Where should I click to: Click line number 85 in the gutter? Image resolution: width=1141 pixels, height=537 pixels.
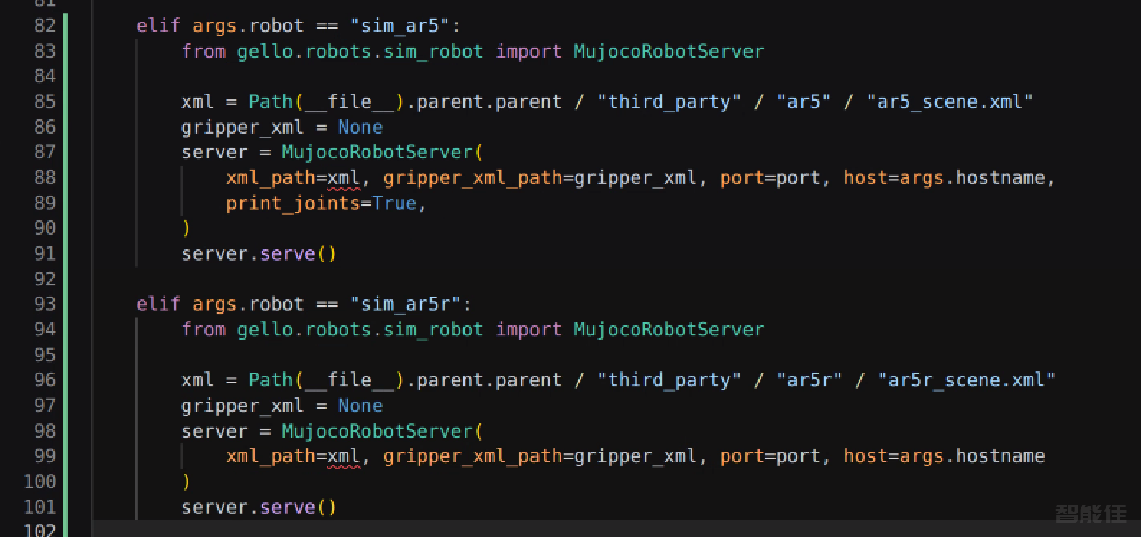coord(45,101)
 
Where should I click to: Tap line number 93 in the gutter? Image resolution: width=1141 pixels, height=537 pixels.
coord(45,304)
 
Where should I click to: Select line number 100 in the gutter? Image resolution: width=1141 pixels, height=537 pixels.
coord(40,481)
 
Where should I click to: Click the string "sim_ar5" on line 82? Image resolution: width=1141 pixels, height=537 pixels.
coord(400,25)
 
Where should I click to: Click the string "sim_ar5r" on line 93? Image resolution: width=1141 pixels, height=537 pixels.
coord(406,304)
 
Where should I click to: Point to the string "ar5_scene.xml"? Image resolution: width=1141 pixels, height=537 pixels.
coord(950,101)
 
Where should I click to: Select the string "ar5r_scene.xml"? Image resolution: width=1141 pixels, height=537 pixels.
coord(966,379)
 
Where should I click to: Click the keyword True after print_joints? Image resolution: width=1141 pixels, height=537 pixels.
coord(394,203)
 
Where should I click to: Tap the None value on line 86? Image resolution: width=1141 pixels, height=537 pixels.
coord(360,127)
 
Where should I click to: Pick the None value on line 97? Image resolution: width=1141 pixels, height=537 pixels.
coord(360,405)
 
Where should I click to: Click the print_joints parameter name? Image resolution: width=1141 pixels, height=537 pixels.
coord(293,203)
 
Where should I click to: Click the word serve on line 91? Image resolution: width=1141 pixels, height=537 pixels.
coord(288,253)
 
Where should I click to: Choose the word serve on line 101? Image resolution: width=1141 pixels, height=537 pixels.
coord(288,507)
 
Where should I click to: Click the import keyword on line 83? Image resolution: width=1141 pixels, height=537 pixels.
coord(529,51)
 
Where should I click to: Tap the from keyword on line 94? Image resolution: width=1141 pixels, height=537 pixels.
coord(204,329)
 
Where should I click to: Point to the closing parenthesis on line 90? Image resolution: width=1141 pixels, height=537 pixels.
coord(186,227)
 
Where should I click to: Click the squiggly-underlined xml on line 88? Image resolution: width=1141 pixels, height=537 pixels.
coord(343,178)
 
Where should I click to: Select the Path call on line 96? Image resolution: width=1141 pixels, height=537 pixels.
coord(271,379)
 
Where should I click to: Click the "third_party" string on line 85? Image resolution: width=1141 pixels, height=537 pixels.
coord(669,101)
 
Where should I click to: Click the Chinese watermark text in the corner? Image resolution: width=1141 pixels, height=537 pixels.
coord(1091,513)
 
